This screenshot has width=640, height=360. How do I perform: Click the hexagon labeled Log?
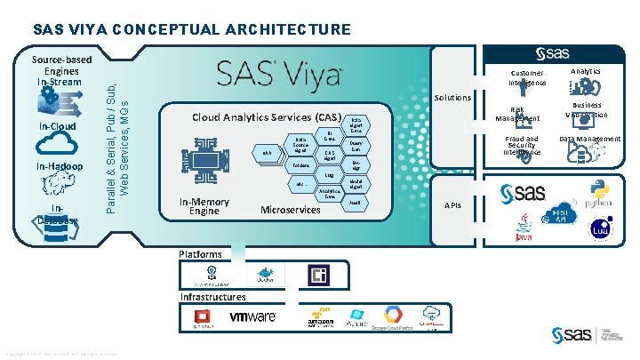329,176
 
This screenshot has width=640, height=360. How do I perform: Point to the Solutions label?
452,97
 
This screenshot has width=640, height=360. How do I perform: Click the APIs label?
452,205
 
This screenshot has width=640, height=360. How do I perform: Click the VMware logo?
252,316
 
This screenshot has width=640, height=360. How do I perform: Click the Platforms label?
200,254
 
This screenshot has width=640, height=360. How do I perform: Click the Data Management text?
589,140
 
